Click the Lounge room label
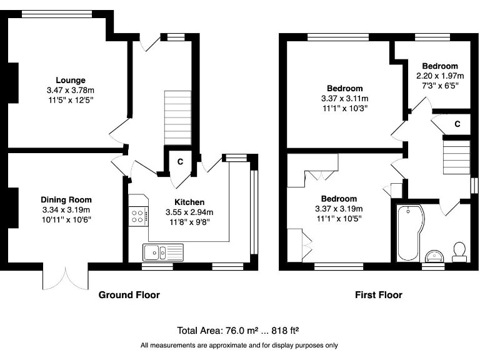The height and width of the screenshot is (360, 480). pos(70,80)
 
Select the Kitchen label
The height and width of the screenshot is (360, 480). pos(189,202)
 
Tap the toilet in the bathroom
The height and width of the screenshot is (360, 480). pos(461,250)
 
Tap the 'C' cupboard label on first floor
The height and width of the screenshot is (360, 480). pos(457,124)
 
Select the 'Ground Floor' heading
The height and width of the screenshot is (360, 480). pos(129,295)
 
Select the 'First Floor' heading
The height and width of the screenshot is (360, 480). pos(378,295)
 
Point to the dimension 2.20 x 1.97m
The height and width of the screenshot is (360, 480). pos(439,76)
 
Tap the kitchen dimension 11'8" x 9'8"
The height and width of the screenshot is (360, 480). pos(189,221)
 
